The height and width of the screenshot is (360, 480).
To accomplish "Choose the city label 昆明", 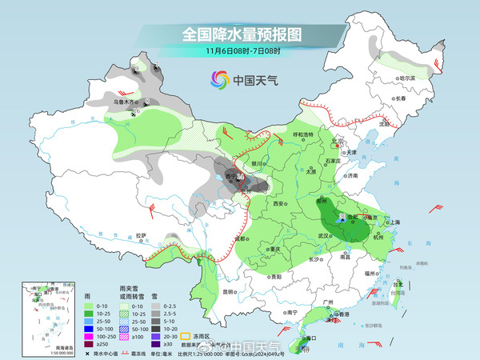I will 230,292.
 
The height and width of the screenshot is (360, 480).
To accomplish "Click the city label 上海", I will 394,223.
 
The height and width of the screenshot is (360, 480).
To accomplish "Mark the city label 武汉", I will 323,236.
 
